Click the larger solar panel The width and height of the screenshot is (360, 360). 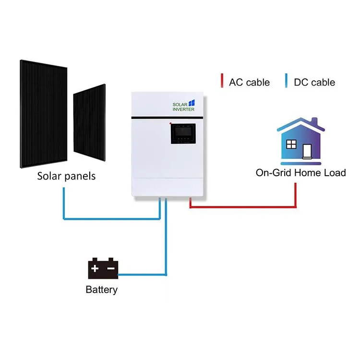44,114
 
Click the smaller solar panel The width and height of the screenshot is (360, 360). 89,122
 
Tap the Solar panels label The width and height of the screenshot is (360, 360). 66,176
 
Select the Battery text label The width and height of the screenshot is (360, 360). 101,290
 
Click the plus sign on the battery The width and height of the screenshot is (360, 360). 95,268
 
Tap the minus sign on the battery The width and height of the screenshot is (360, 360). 111,268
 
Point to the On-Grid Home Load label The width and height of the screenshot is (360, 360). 301,173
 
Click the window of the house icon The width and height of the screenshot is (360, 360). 291,144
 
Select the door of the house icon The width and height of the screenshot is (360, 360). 307,151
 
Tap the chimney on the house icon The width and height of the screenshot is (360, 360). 314,122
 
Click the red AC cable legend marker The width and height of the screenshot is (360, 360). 222,80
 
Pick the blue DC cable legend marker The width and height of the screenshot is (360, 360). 286,80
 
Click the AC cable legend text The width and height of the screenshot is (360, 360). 249,83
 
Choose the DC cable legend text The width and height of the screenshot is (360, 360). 314,83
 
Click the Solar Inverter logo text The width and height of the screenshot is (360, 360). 183,107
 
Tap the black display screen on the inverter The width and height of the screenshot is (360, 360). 183,133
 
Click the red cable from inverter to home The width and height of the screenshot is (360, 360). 243,207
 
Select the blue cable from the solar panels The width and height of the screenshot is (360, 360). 111,219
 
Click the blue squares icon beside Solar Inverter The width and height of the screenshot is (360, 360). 192,103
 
